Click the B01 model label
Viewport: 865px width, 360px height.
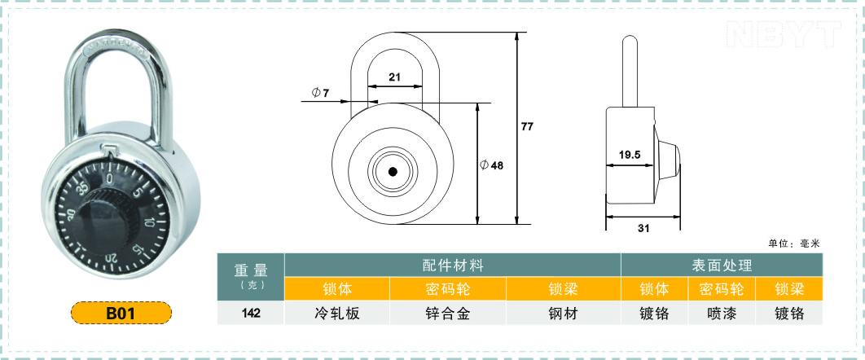point(121,313)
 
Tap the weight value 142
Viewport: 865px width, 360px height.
point(251,314)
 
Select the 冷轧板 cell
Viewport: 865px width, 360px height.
point(337,314)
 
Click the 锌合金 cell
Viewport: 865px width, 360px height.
point(447,314)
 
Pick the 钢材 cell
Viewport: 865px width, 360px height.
point(564,314)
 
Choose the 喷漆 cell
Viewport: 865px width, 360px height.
point(722,314)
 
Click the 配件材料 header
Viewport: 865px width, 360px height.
point(453,266)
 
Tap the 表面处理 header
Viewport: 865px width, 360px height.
point(722,266)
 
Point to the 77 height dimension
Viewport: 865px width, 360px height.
point(527,126)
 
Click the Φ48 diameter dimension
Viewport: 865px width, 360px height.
point(491,165)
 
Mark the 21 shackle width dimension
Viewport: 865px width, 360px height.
point(394,77)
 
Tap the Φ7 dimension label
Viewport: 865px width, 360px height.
point(320,93)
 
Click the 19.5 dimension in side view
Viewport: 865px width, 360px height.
point(629,155)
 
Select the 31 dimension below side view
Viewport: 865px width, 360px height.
point(643,228)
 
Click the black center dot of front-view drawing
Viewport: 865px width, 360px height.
point(393,172)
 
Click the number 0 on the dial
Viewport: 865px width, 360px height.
point(109,178)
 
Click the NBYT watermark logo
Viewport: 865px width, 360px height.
point(784,34)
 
